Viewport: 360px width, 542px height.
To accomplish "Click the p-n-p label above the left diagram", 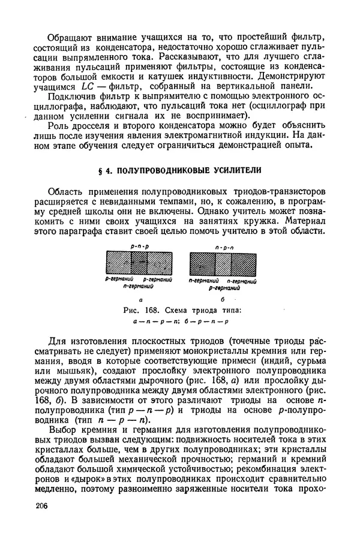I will (139, 247).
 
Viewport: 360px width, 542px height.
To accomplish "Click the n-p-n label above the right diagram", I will (223, 247).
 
